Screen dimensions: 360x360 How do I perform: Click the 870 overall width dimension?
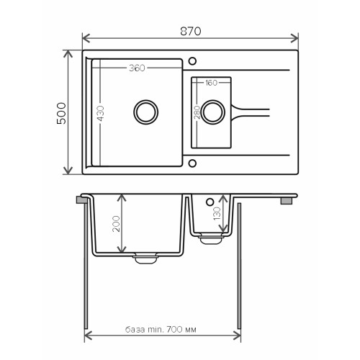[191, 31]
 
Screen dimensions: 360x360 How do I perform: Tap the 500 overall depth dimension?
[61, 113]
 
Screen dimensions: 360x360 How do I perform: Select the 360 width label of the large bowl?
[137, 68]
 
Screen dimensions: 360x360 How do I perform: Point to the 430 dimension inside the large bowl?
[101, 113]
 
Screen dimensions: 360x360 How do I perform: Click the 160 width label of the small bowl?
[211, 83]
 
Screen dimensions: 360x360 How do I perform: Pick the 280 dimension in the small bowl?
[197, 112]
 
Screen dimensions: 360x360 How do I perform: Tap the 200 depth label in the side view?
[116, 224]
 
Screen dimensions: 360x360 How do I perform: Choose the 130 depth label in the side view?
[217, 213]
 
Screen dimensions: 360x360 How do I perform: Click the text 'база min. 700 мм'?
[161, 330]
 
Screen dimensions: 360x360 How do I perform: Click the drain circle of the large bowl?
[146, 101]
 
